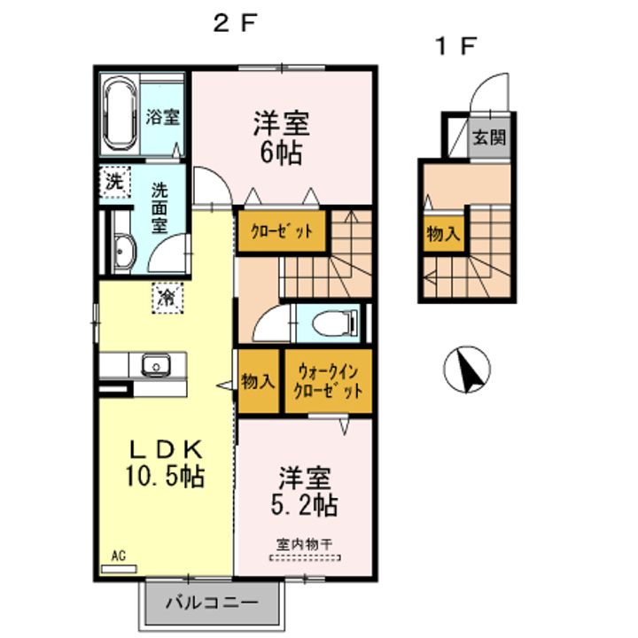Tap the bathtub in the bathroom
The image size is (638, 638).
point(118,115)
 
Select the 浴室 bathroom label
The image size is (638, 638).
point(163,116)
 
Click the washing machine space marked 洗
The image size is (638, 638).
point(113,184)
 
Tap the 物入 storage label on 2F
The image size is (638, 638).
point(258,383)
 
